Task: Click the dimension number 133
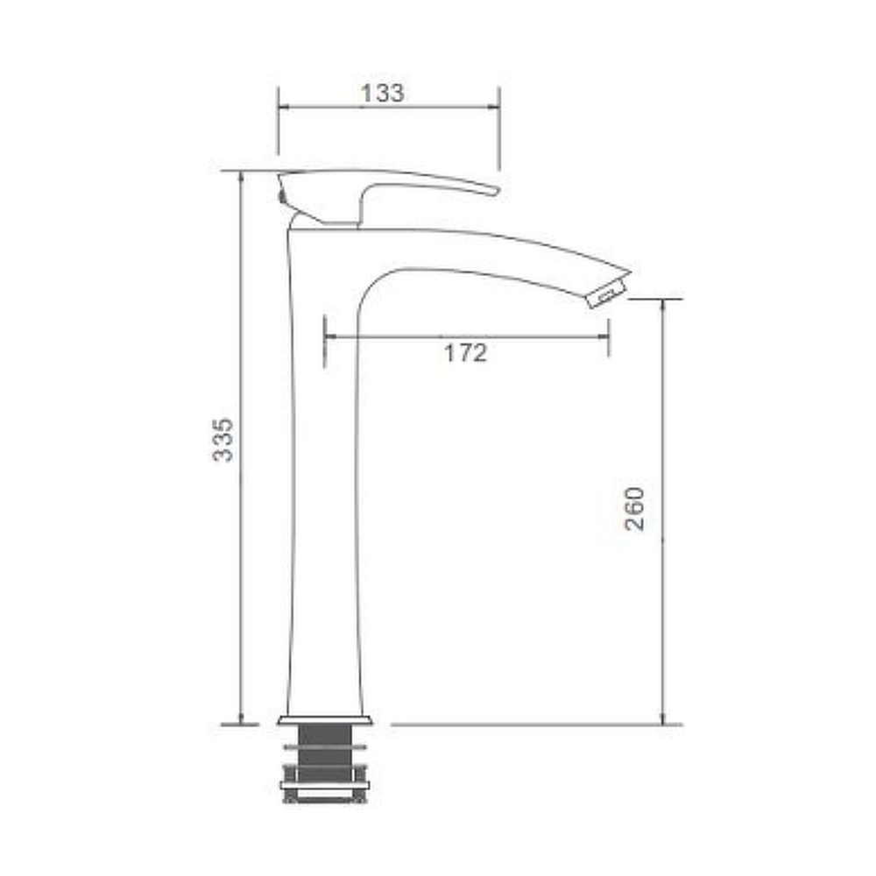click(x=382, y=94)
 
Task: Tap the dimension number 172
click(x=465, y=353)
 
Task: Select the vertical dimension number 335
click(x=223, y=440)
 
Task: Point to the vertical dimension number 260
click(x=634, y=508)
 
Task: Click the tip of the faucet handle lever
click(x=496, y=191)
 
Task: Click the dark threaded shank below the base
click(x=325, y=752)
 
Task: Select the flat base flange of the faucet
click(x=325, y=719)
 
